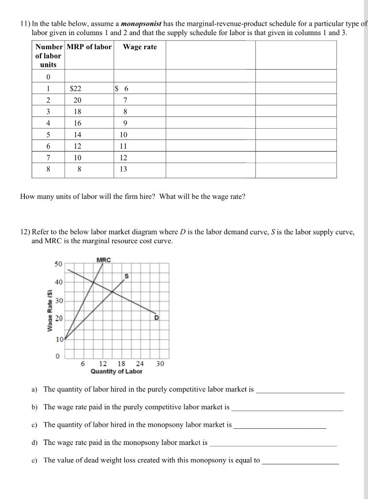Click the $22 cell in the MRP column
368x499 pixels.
click(x=76, y=89)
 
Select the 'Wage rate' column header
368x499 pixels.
click(x=140, y=47)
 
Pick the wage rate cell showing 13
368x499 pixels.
click(x=123, y=169)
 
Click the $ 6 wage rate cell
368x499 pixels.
click(x=122, y=89)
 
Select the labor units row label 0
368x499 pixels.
click(x=48, y=77)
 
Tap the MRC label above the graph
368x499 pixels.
click(x=103, y=260)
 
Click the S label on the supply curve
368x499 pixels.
click(x=126, y=276)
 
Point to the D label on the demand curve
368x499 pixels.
click(x=157, y=318)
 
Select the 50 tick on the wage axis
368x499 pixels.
click(x=58, y=264)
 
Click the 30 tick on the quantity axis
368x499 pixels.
click(x=160, y=364)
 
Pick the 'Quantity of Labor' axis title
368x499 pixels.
click(x=116, y=371)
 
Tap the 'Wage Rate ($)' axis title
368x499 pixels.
click(x=49, y=310)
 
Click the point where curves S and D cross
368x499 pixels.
click(x=113, y=291)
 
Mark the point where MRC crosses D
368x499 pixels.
click(x=93, y=282)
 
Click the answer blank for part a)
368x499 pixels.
click(x=300, y=392)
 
